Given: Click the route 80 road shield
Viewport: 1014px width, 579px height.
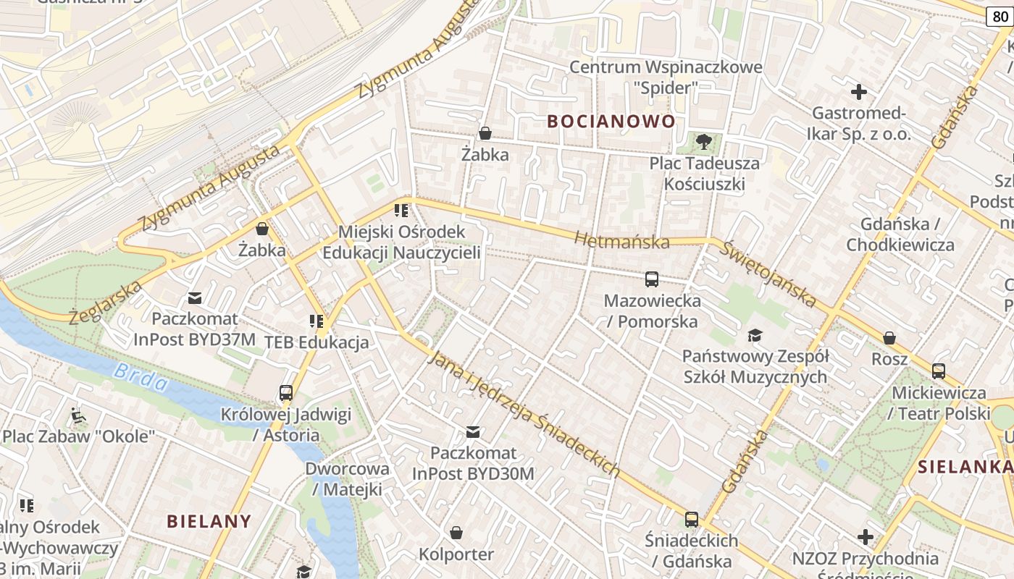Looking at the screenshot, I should coord(999,17).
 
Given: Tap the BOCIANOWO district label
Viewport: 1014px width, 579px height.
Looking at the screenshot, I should coord(611,121).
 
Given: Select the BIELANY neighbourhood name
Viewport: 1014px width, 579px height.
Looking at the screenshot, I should coord(209,521).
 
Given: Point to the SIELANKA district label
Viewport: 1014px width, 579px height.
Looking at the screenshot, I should coord(965,467).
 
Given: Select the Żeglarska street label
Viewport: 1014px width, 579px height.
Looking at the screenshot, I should coord(105,303).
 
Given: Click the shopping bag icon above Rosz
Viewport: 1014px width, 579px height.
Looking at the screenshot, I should coord(889,338).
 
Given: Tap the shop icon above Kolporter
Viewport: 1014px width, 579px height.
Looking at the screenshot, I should coord(456,533).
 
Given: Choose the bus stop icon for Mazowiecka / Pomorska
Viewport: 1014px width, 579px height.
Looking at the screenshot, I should coord(652,279).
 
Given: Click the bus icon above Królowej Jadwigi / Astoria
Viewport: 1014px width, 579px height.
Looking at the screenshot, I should coord(286,393).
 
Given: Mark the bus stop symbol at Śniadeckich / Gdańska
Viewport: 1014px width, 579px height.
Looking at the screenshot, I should coord(692,519).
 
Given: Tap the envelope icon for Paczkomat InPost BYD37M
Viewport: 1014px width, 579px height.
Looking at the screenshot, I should coord(195,297).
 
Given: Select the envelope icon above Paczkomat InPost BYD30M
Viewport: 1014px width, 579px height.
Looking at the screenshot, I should coord(473,432).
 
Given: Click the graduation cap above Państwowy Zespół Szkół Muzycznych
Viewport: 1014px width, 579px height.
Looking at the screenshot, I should coord(755,335).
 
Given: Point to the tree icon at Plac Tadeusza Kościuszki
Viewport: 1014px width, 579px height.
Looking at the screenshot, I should coord(703,141).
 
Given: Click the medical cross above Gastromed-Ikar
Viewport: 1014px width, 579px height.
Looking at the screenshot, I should coord(859,92).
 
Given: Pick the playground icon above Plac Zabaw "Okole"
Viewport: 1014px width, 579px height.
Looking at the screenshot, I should coord(78,415).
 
